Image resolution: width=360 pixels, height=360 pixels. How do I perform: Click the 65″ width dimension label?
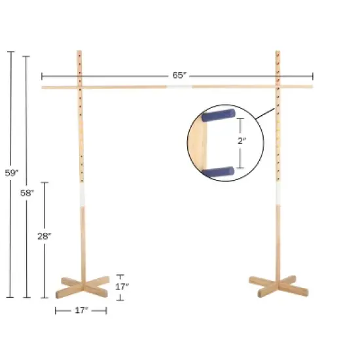[179, 75]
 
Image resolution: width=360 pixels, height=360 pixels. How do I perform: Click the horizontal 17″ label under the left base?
[82, 310]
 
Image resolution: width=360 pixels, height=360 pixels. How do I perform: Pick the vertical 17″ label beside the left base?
[122, 286]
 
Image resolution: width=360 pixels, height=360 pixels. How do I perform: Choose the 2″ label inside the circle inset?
[241, 141]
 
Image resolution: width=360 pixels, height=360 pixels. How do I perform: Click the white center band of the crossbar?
[178, 86]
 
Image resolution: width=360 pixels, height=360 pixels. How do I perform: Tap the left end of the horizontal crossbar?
[44, 86]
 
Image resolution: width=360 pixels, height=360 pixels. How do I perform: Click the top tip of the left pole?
[79, 52]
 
